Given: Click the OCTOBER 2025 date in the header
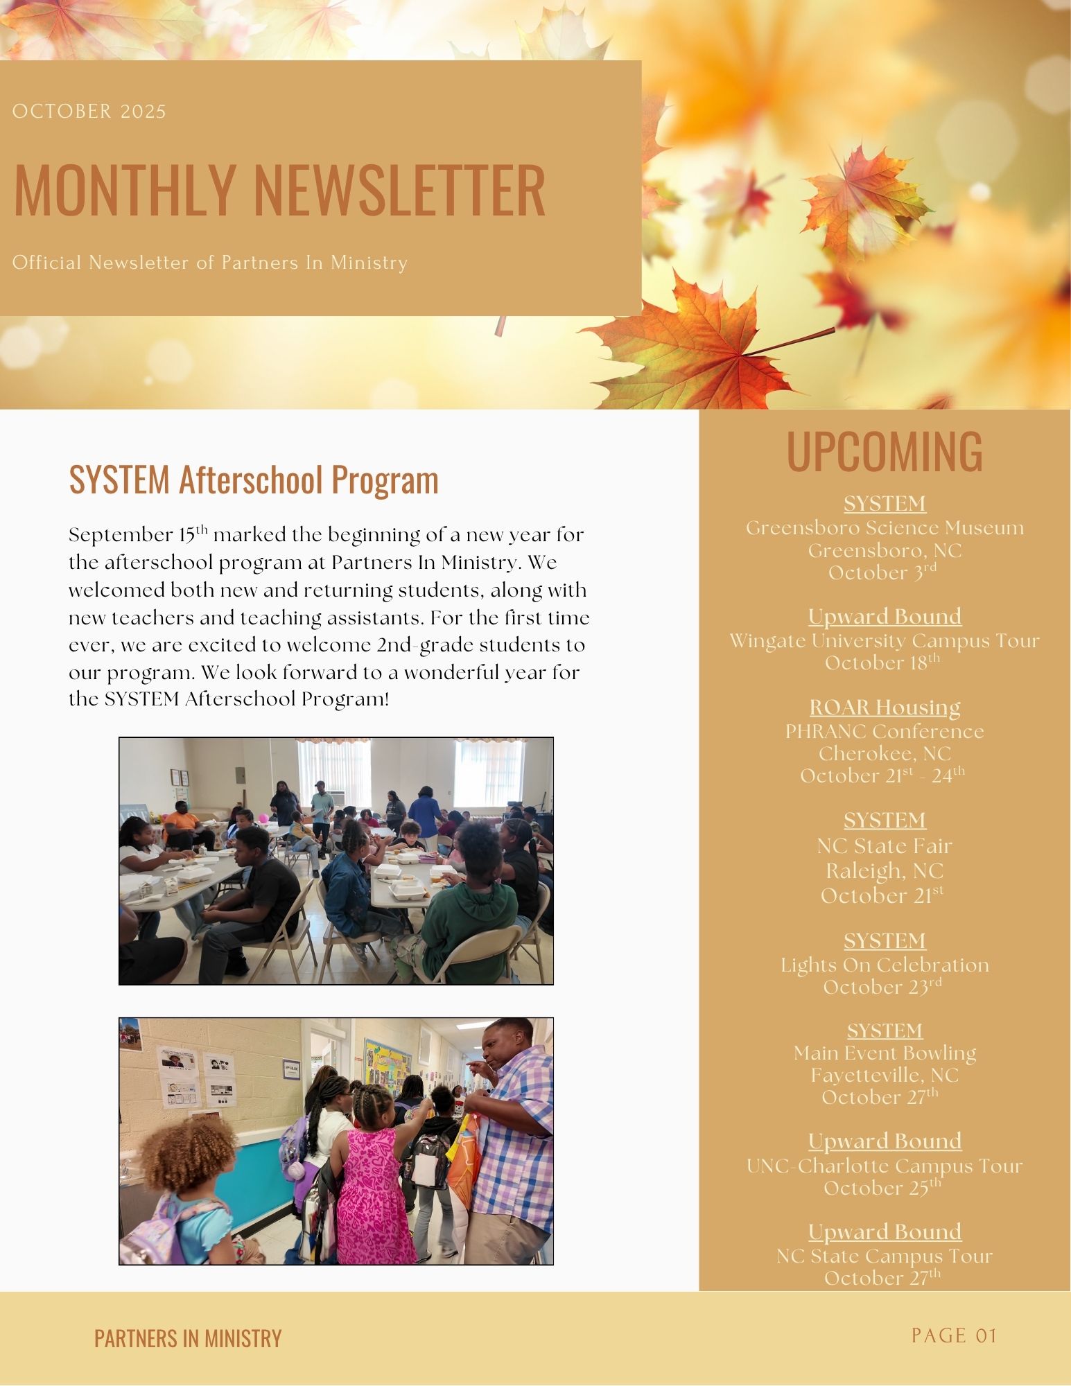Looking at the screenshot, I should tap(89, 112).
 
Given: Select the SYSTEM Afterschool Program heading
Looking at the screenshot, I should tap(254, 480).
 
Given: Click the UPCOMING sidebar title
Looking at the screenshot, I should tap(884, 452).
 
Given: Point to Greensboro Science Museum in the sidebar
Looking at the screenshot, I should tap(885, 528).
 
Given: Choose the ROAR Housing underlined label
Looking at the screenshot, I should tap(885, 707).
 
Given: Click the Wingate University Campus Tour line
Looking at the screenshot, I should tap(885, 640).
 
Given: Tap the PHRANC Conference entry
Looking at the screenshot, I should tap(885, 731).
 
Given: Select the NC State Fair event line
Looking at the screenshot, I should tap(885, 846).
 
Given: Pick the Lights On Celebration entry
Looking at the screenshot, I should tap(885, 965).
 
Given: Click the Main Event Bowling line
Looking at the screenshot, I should tap(885, 1053).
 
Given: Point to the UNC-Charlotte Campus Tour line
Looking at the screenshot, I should tap(885, 1166).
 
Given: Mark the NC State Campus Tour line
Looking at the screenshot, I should tap(885, 1256).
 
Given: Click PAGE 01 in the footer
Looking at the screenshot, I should tap(954, 1335).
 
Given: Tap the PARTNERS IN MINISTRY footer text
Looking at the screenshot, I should tap(188, 1338).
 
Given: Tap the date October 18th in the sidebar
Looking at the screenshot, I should tap(882, 663).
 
